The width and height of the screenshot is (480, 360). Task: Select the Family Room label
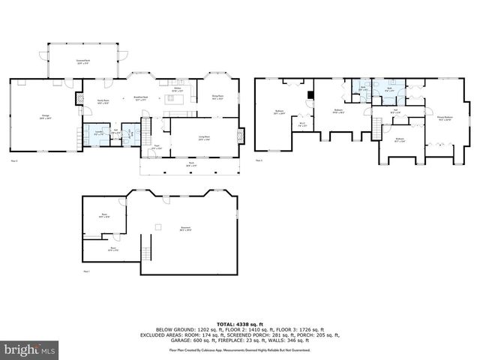pyautogui.click(x=103, y=103)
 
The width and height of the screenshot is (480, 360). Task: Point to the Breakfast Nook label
pyautogui.click(x=139, y=97)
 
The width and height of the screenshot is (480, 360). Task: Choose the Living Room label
pyautogui.click(x=203, y=139)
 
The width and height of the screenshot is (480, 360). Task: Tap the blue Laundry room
pyautogui.click(x=97, y=133)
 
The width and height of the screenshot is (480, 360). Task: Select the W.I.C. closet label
pyautogui.click(x=301, y=125)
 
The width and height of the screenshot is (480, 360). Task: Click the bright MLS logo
pyautogui.click(x=30, y=349)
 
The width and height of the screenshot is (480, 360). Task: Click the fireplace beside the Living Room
pyautogui.click(x=240, y=136)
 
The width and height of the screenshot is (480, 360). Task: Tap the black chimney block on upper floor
pyautogui.click(x=310, y=94)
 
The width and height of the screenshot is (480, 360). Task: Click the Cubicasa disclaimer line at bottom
pyautogui.click(x=239, y=350)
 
